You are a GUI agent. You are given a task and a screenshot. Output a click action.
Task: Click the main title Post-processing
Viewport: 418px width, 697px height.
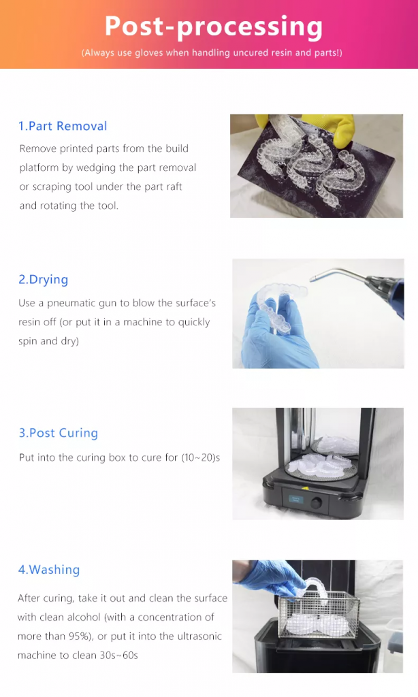click(x=213, y=27)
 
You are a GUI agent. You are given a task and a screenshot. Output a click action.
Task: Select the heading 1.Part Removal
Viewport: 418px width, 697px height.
click(x=63, y=126)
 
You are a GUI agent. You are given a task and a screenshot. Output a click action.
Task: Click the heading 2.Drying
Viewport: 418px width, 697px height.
click(x=44, y=279)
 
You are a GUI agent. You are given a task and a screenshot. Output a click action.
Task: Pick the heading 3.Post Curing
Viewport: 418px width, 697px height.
click(x=59, y=433)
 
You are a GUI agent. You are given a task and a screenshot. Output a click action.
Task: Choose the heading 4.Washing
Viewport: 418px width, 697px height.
click(x=49, y=570)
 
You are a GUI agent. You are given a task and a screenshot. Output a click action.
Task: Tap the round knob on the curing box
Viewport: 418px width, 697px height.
click(x=315, y=502)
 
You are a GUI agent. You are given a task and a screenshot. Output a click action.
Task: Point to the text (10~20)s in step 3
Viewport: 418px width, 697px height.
click(x=200, y=458)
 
